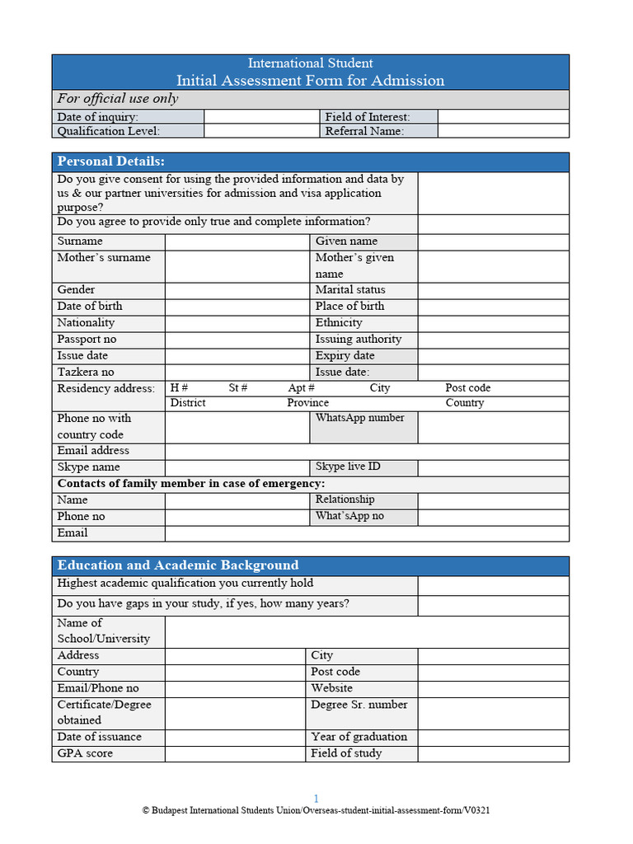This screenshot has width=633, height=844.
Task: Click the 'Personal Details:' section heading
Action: [x=110, y=162]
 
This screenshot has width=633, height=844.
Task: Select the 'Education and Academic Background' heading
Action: [x=177, y=565]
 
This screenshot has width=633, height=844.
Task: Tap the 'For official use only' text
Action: [x=117, y=99]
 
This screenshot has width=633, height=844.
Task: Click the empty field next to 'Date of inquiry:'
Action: [x=261, y=117]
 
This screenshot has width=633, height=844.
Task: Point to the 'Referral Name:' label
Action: [x=364, y=131]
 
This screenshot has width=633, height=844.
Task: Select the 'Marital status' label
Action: [x=350, y=290]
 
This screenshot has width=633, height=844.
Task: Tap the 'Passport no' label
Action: [x=87, y=340]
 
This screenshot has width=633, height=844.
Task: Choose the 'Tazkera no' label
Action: [x=86, y=373]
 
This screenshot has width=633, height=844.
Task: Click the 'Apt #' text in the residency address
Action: [x=302, y=388]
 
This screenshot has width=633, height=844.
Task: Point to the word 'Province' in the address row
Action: [x=307, y=403]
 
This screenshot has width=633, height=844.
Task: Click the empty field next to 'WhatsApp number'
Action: [x=493, y=427]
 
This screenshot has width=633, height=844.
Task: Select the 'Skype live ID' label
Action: [x=348, y=467]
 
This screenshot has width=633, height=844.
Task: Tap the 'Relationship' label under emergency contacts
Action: [x=345, y=499]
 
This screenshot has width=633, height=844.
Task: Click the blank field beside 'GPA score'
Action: [x=235, y=754]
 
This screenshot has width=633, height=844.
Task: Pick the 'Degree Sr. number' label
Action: [x=359, y=705]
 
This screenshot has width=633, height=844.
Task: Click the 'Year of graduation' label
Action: [x=359, y=737]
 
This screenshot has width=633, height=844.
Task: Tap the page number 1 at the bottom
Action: [x=316, y=798]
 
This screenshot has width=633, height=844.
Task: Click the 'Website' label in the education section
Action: [x=331, y=688]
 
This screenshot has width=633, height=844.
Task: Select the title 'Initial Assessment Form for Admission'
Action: [x=310, y=81]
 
